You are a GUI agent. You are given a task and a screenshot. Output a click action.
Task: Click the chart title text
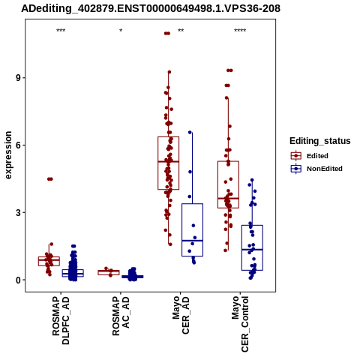coord(151,8)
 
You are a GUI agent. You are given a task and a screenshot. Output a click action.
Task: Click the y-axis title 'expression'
coord(8,155)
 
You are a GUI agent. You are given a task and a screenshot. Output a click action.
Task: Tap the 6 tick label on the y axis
coord(19,145)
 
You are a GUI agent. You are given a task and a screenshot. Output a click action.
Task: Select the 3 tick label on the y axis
coord(19,213)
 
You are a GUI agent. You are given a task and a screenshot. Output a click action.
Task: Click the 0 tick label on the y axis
coord(19,280)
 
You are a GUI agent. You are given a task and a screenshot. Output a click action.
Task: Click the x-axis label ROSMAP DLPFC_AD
coord(61,320)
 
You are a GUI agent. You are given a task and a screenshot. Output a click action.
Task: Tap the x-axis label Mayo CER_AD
coord(181,315)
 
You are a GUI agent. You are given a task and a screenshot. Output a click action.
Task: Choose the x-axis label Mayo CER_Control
coord(240,324)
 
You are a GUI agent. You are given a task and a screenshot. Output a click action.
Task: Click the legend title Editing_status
coord(320,141)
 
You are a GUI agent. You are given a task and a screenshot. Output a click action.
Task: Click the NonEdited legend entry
coord(316,169)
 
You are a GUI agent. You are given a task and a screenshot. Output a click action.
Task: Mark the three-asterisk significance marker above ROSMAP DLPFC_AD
coord(61,31)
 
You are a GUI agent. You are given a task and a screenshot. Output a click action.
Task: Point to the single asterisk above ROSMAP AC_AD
coord(121,31)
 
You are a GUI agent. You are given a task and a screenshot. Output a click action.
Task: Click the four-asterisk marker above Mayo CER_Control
coord(240,31)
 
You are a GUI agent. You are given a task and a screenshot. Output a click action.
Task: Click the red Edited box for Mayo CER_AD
coord(158,163)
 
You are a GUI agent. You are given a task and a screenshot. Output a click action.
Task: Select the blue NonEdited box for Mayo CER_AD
coord(182,229)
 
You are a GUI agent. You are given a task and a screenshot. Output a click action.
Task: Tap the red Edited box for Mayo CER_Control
coord(217,184)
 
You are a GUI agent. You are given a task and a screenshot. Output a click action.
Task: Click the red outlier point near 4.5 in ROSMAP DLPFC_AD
coord(50,179)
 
